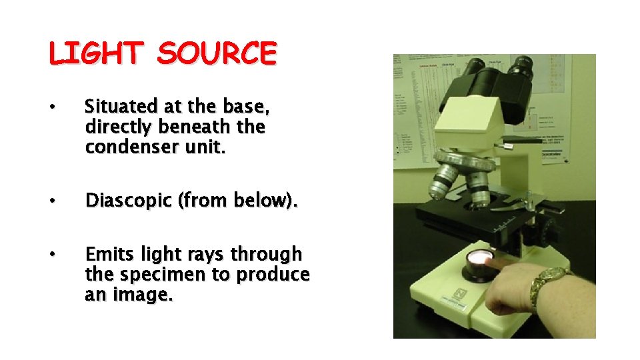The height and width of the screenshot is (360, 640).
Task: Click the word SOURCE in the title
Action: tap(217, 54)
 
